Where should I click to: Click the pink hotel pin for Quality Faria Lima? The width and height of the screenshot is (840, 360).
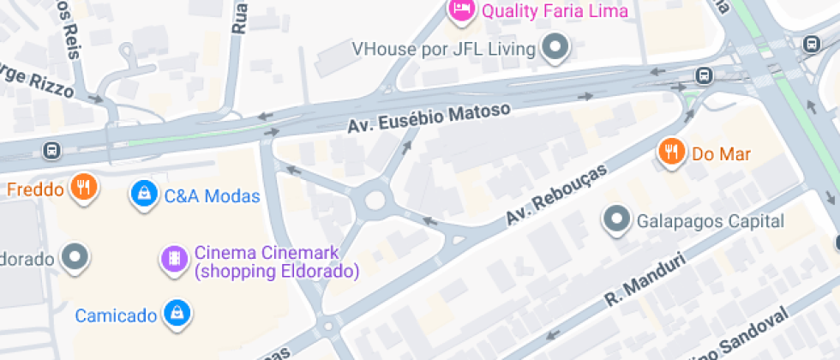461,9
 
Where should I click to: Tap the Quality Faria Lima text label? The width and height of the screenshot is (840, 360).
555,11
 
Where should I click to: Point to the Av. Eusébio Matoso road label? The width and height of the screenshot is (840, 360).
429,117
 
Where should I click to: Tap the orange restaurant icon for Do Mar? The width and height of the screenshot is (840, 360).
670,153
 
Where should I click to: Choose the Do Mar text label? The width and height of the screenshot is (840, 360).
721,154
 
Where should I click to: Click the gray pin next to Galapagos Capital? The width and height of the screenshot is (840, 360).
616,219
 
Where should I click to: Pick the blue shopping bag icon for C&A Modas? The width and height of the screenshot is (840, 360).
143,194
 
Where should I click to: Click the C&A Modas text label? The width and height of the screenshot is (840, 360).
212,196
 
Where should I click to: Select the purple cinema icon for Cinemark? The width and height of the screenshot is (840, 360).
174,258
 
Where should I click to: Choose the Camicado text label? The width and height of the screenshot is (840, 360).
116,315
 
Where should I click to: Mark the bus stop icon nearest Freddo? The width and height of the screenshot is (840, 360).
52,151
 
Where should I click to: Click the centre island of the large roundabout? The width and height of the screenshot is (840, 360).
375,201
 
